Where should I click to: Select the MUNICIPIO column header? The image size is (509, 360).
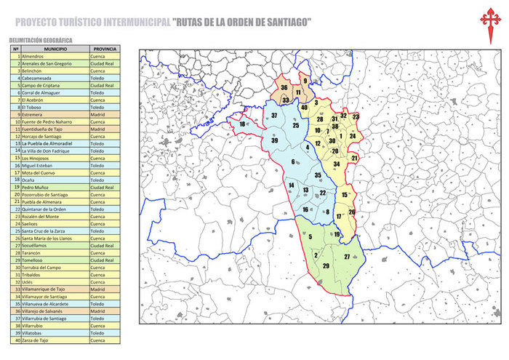(x=55, y=49)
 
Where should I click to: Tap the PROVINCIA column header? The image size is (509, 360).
(x=105, y=49)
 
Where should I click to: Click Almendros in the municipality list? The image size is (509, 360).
(x=33, y=56)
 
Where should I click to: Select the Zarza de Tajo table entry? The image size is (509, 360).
(x=36, y=340)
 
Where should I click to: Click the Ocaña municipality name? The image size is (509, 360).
(x=31, y=180)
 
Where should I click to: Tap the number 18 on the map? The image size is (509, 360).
(x=242, y=125)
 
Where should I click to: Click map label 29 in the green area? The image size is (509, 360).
(x=326, y=266)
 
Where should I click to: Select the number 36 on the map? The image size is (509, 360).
(x=284, y=88)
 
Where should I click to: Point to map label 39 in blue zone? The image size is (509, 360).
(x=275, y=140)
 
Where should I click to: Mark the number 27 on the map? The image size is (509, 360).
(x=347, y=257)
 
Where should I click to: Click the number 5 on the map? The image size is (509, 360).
(x=310, y=237)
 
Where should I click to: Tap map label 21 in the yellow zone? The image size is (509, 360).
(x=355, y=158)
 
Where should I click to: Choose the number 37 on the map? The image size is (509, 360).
(x=274, y=116)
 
